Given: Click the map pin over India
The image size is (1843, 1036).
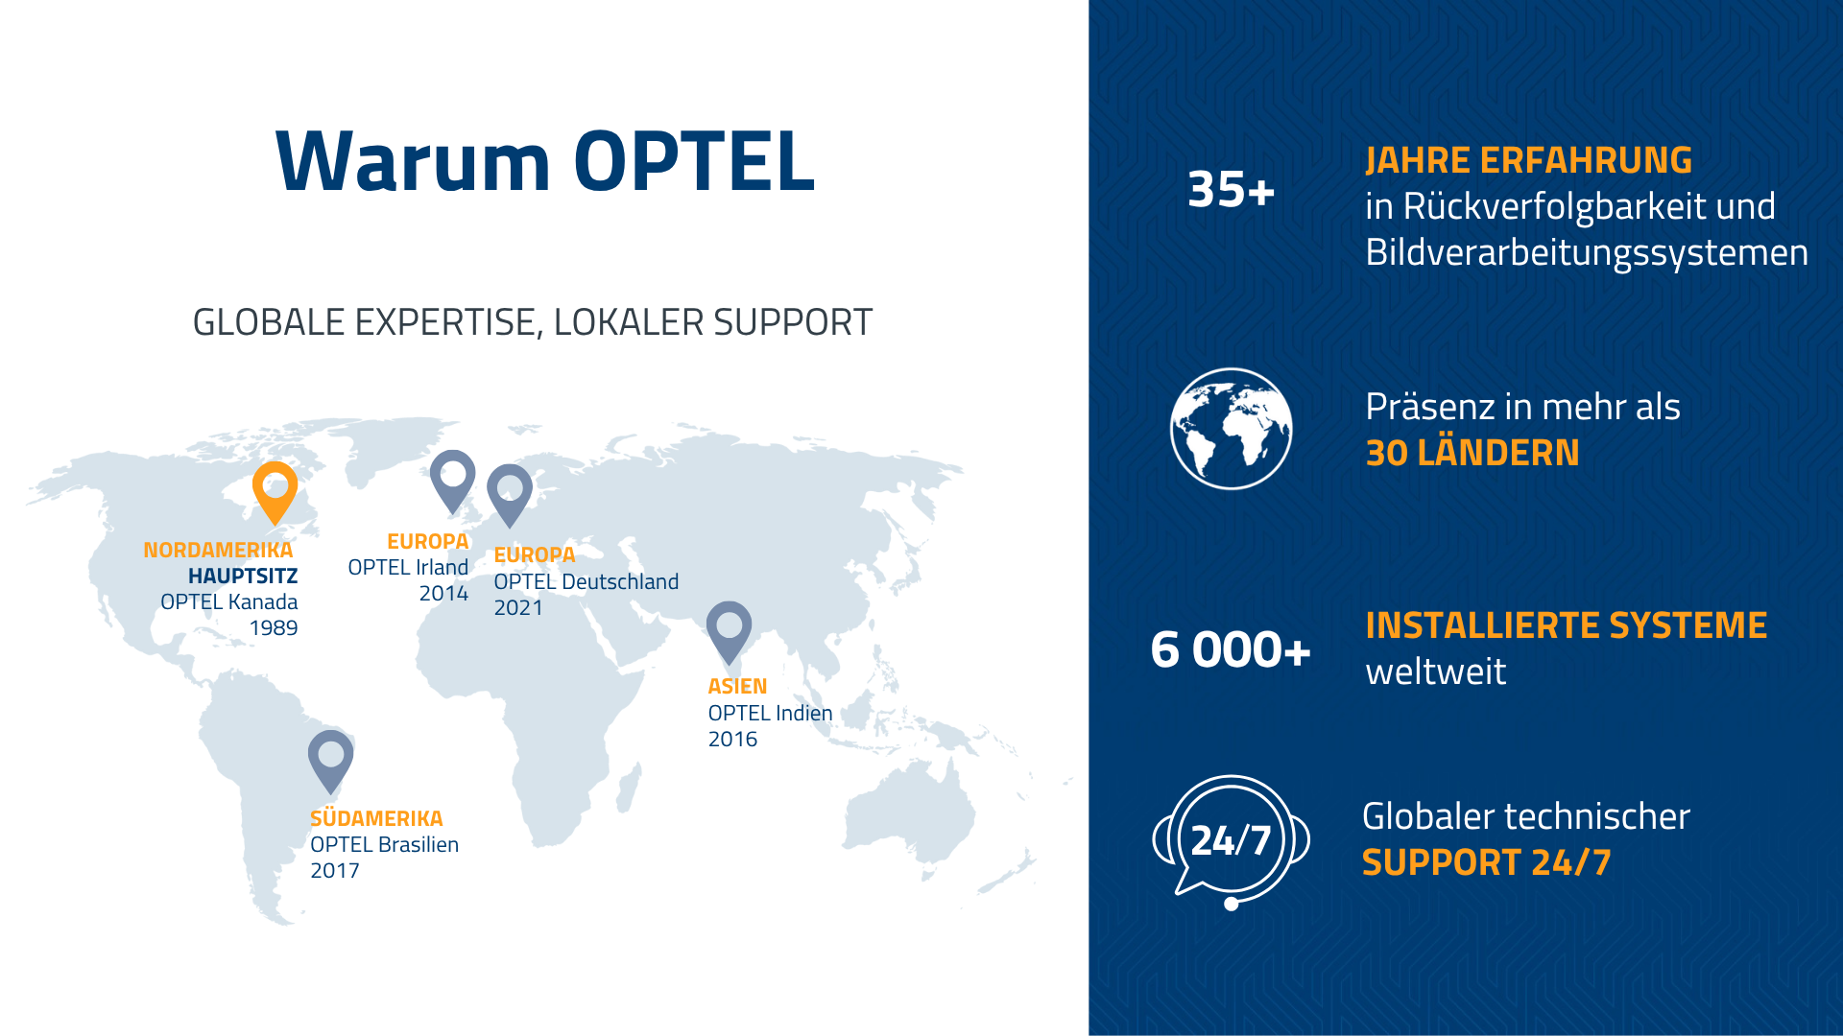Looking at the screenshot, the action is click(729, 627).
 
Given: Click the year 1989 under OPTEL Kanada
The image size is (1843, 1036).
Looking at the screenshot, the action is click(274, 628).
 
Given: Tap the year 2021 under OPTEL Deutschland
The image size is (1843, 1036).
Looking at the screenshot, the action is click(518, 608).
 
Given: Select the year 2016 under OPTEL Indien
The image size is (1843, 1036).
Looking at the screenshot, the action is click(732, 740).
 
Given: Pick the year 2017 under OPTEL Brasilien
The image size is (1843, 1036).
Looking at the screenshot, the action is click(334, 871).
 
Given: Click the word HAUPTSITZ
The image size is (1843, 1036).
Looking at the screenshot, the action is click(243, 577).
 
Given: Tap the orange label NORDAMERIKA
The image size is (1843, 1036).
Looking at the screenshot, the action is click(218, 551).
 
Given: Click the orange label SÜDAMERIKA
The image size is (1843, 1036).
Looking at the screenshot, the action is click(376, 818).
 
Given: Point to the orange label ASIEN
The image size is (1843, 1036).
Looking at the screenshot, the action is click(737, 687).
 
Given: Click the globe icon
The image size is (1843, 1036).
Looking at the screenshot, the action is click(1231, 429).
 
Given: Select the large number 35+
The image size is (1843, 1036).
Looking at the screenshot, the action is click(1231, 190).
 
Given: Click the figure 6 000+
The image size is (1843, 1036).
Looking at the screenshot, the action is click(1231, 650).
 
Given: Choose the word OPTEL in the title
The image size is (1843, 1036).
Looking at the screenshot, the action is click(694, 161).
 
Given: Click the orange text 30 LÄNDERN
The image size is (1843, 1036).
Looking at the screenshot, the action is click(1472, 453).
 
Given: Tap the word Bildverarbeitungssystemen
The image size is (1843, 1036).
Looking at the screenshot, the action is click(1587, 253).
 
